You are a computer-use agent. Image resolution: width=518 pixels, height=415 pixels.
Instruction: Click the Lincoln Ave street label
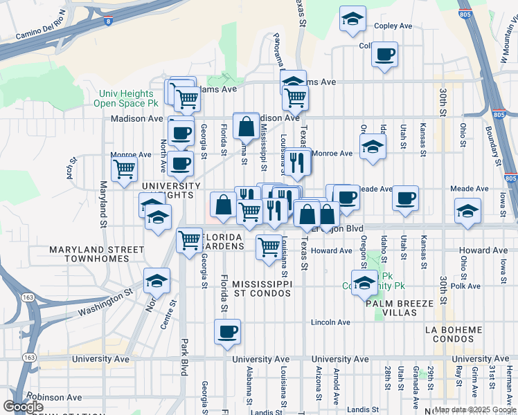click(331, 322)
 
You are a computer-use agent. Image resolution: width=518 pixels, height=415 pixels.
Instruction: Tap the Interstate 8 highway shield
click(109, 21)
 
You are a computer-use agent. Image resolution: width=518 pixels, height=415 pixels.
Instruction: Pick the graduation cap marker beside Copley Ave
click(352, 19)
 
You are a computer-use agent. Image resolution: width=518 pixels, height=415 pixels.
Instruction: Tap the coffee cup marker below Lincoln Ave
click(227, 332)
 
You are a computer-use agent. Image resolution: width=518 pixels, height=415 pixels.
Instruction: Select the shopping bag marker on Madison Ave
click(247, 126)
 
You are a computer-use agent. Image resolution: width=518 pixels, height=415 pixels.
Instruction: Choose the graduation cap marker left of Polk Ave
click(364, 282)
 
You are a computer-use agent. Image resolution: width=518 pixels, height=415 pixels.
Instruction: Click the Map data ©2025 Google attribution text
click(475, 409)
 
